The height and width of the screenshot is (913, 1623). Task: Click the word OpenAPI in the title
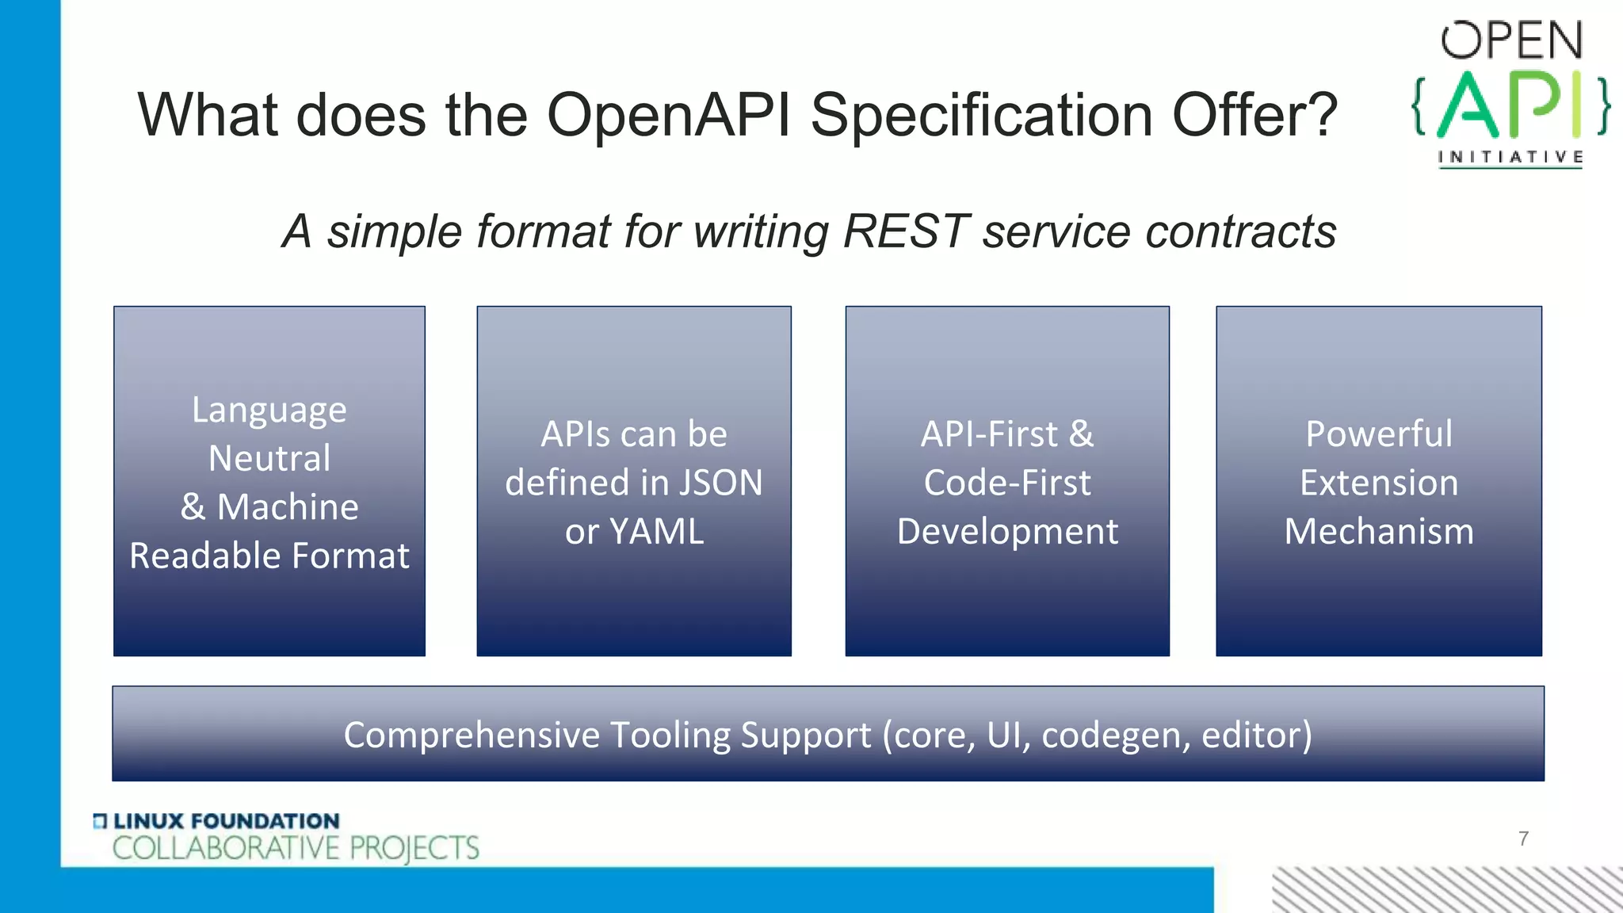pyautogui.click(x=668, y=116)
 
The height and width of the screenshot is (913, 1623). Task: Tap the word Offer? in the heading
pyautogui.click(x=1254, y=116)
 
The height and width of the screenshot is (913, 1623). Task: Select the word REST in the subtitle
pyautogui.click(x=906, y=231)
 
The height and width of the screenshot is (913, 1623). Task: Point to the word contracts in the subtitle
pyautogui.click(x=1241, y=231)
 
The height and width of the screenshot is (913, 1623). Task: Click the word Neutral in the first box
pyautogui.click(x=269, y=458)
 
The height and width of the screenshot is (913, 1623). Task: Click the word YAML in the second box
pyautogui.click(x=656, y=531)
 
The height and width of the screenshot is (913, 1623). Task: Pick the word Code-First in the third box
pyautogui.click(x=1007, y=483)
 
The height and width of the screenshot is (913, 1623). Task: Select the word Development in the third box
pyautogui.click(x=1007, y=531)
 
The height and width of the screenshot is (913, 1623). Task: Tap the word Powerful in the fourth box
pyautogui.click(x=1379, y=434)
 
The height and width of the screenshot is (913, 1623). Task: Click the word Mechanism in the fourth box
pyautogui.click(x=1379, y=531)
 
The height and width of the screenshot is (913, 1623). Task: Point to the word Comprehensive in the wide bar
pyautogui.click(x=472, y=735)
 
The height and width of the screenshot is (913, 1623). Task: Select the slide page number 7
pyautogui.click(x=1523, y=839)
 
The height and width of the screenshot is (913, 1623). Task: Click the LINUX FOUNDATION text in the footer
pyautogui.click(x=227, y=821)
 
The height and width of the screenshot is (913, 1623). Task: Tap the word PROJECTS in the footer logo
pyautogui.click(x=414, y=848)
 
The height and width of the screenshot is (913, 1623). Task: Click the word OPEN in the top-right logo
pyautogui.click(x=1511, y=41)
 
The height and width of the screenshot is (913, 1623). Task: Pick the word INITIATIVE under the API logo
pyautogui.click(x=1511, y=157)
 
